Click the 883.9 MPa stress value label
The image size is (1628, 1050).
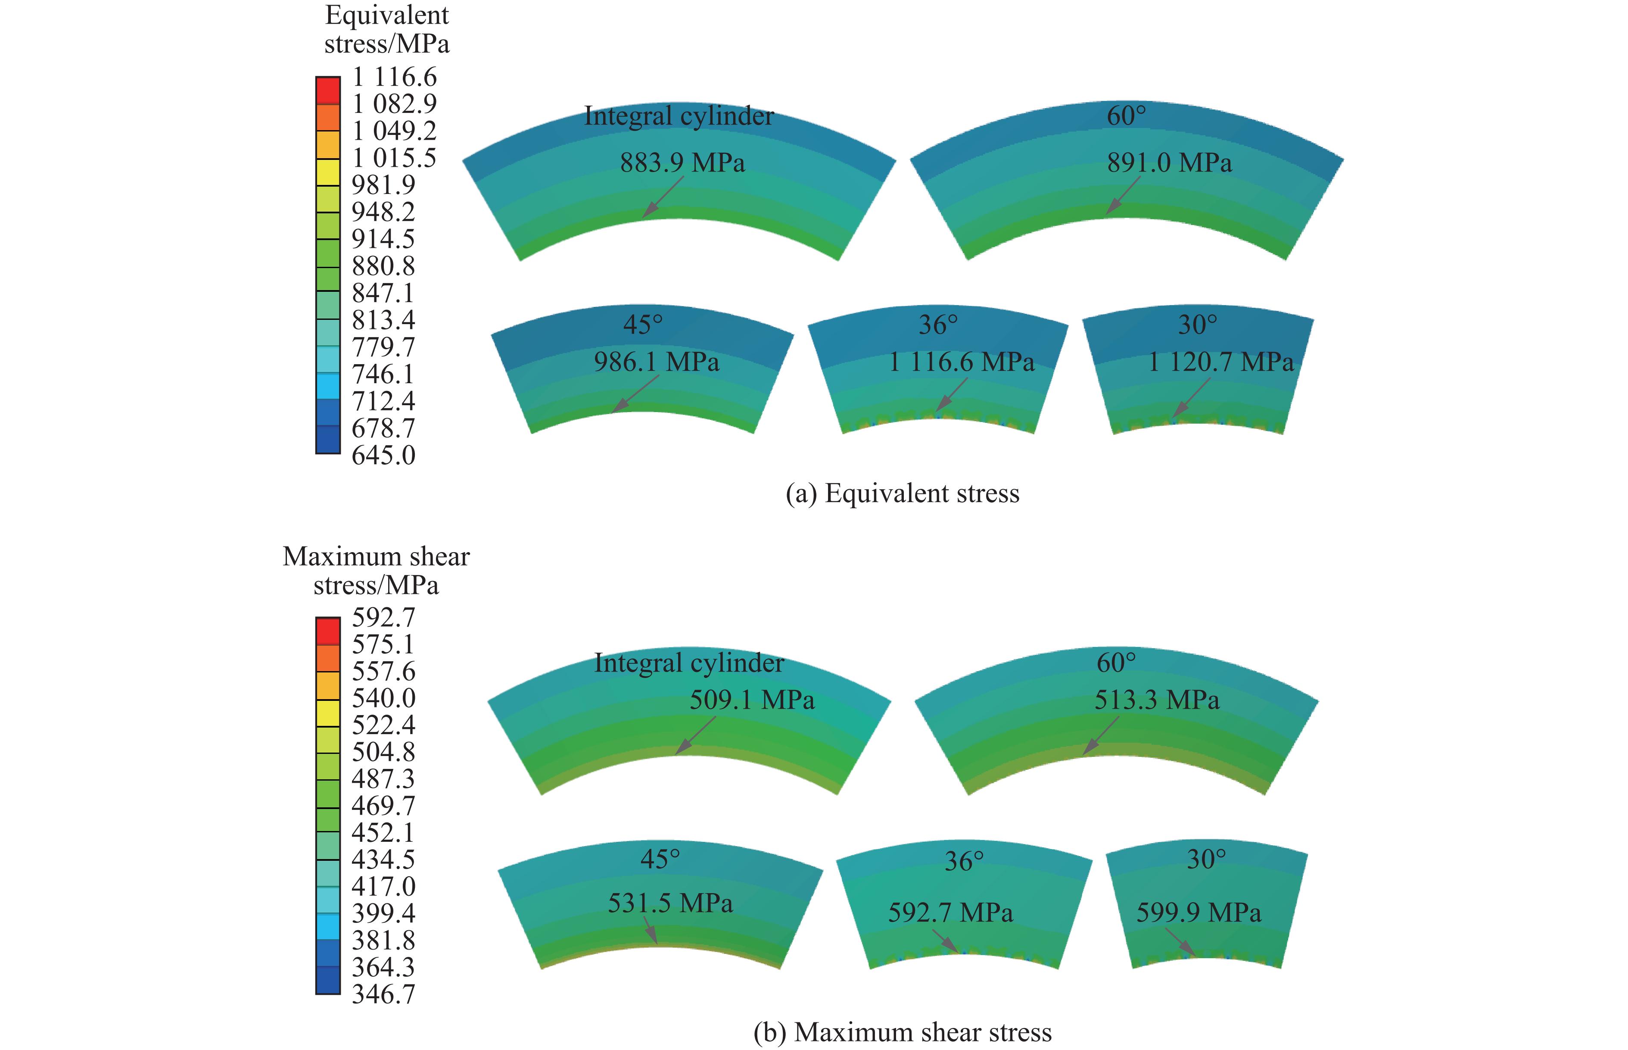point(682,163)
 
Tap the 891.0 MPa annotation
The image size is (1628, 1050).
point(1169,163)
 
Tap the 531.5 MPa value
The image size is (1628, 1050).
point(670,903)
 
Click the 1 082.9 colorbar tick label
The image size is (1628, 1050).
point(394,103)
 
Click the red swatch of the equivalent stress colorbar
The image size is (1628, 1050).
point(328,90)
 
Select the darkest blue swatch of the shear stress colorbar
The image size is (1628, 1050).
point(328,981)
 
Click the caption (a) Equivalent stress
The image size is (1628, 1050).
point(902,493)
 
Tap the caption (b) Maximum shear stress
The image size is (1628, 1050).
point(902,1032)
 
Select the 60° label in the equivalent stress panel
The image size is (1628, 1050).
point(1126,116)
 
